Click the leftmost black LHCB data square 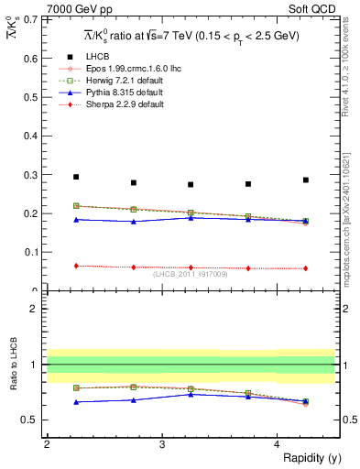76,177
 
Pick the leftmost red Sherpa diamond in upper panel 76,266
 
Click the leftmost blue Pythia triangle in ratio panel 76,402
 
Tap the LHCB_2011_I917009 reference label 191,272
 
